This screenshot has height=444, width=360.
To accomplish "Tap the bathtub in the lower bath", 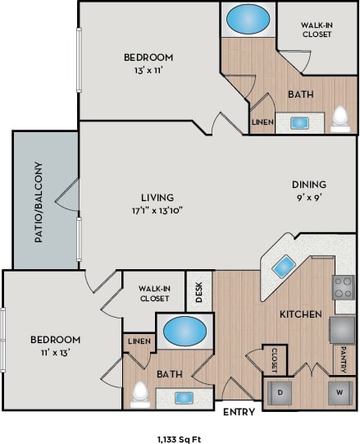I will click(185, 332).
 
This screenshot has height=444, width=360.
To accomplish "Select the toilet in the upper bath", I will click(341, 120).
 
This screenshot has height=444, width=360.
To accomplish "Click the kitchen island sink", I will click(285, 265).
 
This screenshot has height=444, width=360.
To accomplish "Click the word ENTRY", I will click(239, 412).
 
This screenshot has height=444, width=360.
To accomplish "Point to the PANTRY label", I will click(344, 358).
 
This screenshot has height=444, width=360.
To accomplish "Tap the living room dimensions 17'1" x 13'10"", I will click(156, 209).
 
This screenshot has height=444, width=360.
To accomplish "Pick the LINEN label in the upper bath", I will click(261, 123).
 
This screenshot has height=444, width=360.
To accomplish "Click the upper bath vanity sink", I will click(300, 123).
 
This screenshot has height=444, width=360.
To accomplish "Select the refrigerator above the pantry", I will click(343, 329).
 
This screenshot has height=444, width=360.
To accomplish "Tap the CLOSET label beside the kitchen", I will click(274, 359).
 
